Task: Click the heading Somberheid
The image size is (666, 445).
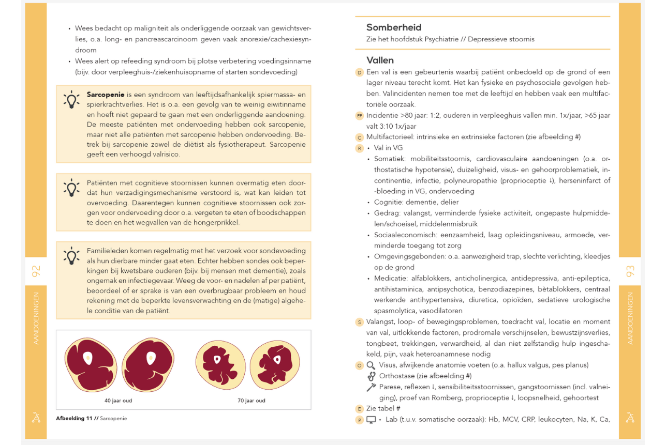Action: pos(394,27)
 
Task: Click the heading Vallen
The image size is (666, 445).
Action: pos(380,60)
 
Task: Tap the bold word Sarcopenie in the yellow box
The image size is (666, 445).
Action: pos(106,95)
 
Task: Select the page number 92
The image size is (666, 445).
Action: pos(36,271)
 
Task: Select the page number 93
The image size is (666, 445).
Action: pos(630,271)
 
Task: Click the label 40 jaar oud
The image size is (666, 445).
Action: pos(118,400)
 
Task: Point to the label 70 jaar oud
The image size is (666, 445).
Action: pos(251,400)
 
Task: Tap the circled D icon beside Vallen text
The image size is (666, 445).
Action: pos(359,72)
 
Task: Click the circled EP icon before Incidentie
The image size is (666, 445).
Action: pos(359,116)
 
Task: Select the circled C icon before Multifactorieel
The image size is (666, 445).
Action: pos(359,137)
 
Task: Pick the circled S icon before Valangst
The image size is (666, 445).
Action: pos(359,322)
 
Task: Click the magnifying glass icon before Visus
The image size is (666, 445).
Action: pos(371,365)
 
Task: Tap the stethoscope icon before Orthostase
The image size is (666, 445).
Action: pos(371,376)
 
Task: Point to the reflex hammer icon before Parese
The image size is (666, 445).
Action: pos(371,387)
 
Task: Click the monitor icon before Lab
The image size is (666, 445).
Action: pos(371,420)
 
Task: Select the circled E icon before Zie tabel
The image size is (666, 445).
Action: pos(359,409)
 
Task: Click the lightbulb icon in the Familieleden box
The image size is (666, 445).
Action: pos(71,256)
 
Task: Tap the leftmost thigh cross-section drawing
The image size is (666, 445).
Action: pos(91,364)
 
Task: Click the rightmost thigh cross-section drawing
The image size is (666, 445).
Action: pos(275,364)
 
